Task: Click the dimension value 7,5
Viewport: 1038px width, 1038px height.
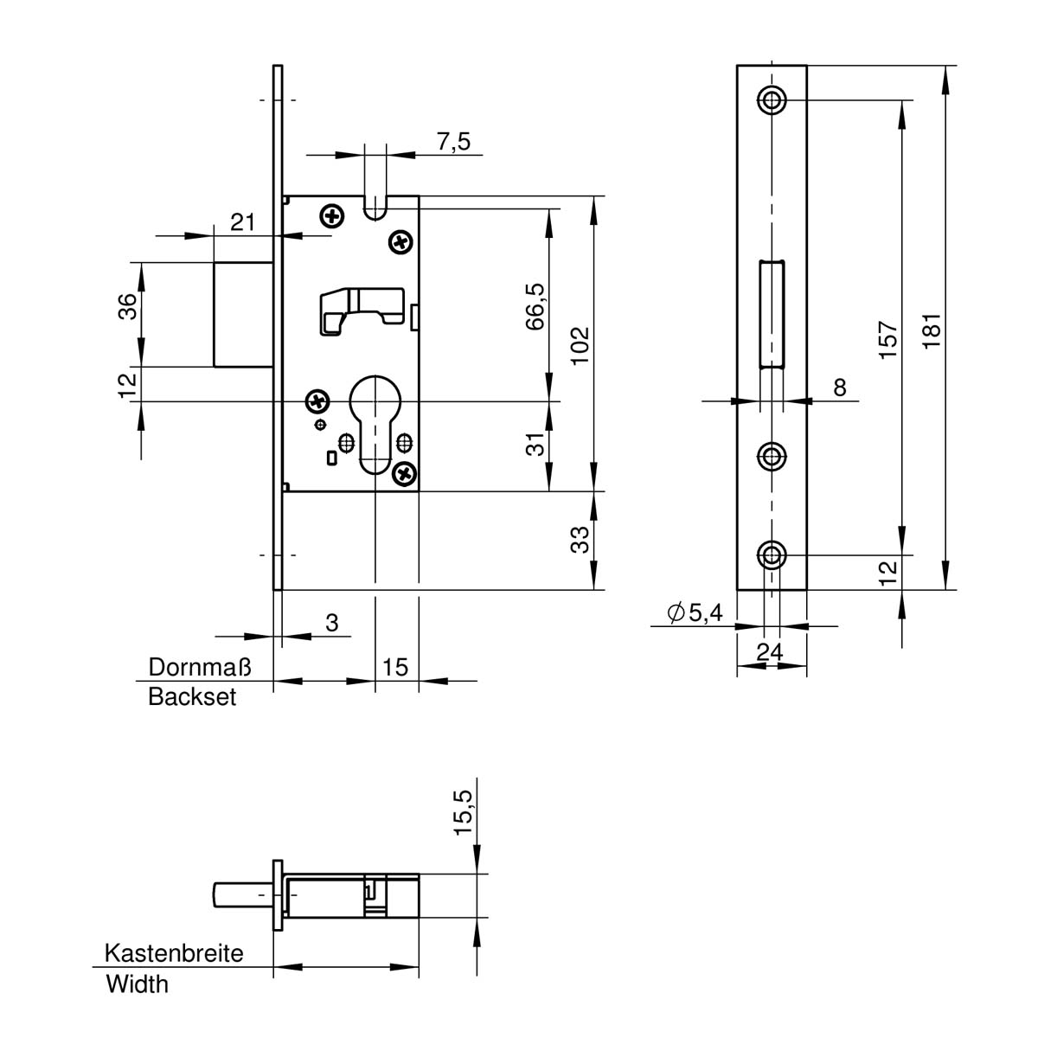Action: pos(453,142)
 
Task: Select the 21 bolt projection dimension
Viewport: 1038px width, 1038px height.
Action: pos(242,222)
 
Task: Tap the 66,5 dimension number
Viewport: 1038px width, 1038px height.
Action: pos(535,306)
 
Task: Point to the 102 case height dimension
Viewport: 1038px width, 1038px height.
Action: pos(580,345)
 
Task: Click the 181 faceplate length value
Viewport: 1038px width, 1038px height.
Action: pos(932,330)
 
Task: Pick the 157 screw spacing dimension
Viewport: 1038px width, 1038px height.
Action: pos(887,340)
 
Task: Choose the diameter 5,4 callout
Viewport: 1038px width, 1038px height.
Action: pos(695,612)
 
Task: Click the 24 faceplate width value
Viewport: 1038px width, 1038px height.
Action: pos(770,652)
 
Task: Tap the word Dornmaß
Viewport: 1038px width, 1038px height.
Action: pos(200,667)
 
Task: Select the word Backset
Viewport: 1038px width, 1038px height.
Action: pos(192,697)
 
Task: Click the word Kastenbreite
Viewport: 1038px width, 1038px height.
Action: pos(174,953)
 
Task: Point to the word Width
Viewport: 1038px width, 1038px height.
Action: pos(138,984)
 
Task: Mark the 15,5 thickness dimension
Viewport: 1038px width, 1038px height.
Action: pos(463,812)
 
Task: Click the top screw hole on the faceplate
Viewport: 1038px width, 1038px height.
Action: pos(772,99)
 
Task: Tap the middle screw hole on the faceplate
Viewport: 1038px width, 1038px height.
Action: pos(772,456)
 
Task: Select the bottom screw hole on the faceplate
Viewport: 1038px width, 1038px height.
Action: pos(772,554)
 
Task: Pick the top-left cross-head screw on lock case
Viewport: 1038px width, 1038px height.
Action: pos(332,216)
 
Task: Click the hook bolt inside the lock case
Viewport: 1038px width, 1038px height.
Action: pos(362,311)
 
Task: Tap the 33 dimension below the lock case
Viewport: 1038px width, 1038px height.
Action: pos(580,540)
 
